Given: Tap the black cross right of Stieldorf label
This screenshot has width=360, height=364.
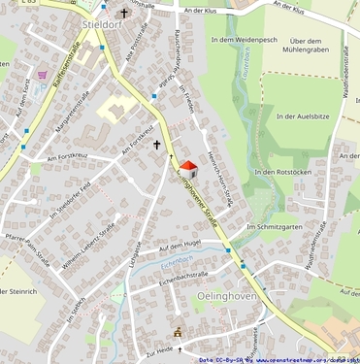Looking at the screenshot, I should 123,14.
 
